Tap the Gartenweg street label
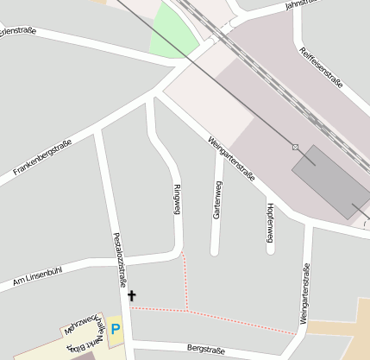(x=217, y=199)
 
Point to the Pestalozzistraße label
(x=121, y=259)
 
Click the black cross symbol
(x=132, y=296)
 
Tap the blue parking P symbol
(x=115, y=330)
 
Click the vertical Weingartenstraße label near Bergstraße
(x=304, y=294)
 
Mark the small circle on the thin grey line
(x=295, y=147)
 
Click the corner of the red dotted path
(x=187, y=309)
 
